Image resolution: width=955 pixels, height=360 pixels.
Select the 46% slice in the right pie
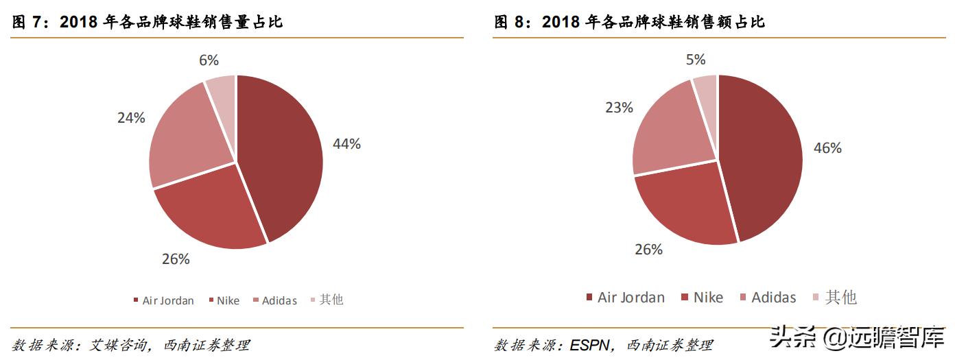coord(762,158)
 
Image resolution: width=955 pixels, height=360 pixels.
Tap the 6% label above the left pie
coord(209,60)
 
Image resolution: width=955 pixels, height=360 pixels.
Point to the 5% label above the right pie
coord(695,60)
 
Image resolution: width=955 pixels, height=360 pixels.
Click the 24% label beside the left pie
coord(131,118)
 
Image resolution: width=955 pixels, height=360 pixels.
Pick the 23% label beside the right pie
coord(618,108)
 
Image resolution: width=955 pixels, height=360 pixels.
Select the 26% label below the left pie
coord(176,259)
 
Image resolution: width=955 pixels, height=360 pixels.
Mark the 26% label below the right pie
coord(648,250)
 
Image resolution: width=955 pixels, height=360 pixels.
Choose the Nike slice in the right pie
coord(683,206)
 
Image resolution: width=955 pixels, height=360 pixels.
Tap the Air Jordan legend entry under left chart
coord(164,300)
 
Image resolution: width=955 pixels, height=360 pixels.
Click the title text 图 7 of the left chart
coord(28,22)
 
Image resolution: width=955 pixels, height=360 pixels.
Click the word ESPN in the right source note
coord(589,345)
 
